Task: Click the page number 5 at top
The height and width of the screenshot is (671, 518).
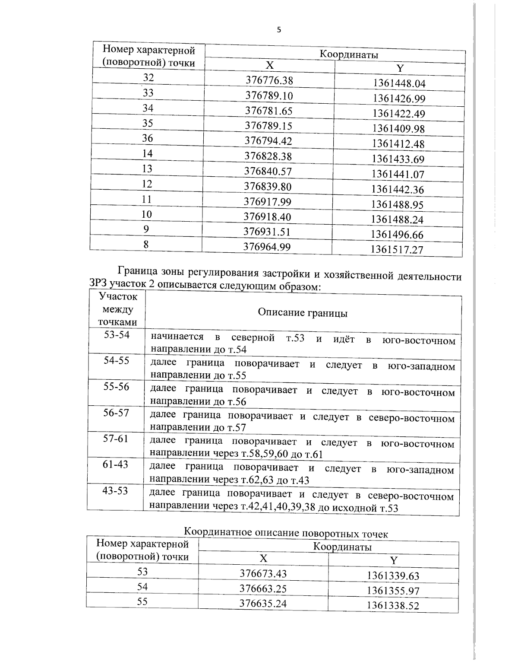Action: coord(278,30)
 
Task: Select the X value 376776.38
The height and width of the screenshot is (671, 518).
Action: coord(269,80)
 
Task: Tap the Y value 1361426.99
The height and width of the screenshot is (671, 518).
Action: coord(399,99)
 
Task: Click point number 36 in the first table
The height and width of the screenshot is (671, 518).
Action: coord(148,138)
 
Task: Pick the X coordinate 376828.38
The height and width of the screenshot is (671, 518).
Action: coord(268,156)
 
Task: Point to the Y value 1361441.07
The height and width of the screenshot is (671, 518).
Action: coord(398,175)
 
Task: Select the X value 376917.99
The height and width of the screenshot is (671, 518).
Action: coord(268,202)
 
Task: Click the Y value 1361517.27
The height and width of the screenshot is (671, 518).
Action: coord(397,249)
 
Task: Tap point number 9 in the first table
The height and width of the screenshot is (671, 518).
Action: coord(146,229)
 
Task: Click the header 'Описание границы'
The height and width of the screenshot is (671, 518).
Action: coord(303,313)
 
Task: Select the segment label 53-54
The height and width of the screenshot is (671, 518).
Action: coord(117,335)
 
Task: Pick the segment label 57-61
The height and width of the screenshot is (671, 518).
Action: coord(115,439)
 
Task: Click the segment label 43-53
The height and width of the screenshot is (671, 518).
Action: coord(115,490)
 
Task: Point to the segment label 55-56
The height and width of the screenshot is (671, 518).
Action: coord(116,387)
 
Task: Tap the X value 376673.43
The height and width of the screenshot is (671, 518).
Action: coord(263,573)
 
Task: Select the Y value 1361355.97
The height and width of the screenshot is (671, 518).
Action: coord(393,591)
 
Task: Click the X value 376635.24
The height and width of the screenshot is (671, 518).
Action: coord(263,604)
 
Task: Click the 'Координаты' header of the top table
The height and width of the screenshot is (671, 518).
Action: coord(348,55)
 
